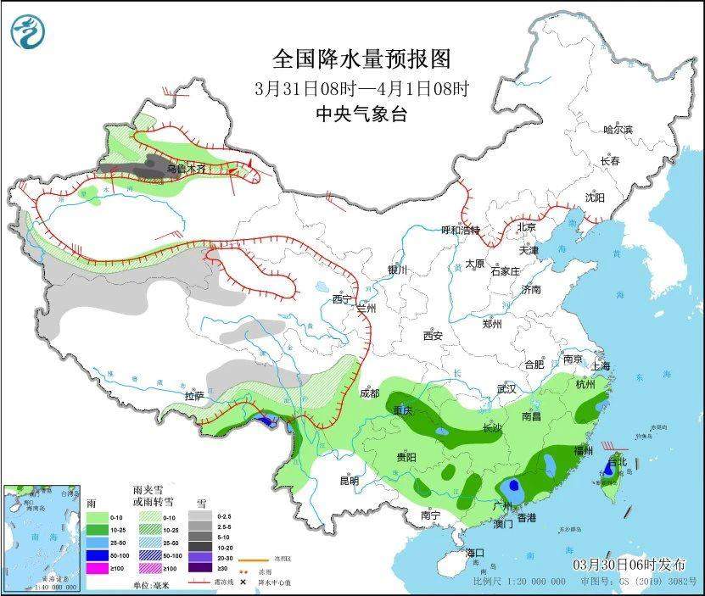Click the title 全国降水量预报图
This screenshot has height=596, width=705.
click(x=361, y=58)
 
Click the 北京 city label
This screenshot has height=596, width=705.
click(x=527, y=227)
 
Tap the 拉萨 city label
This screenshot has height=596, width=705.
click(x=194, y=396)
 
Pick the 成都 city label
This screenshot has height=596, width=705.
click(x=369, y=393)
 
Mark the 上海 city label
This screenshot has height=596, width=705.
click(x=601, y=365)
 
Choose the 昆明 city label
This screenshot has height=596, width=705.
click(x=349, y=480)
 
